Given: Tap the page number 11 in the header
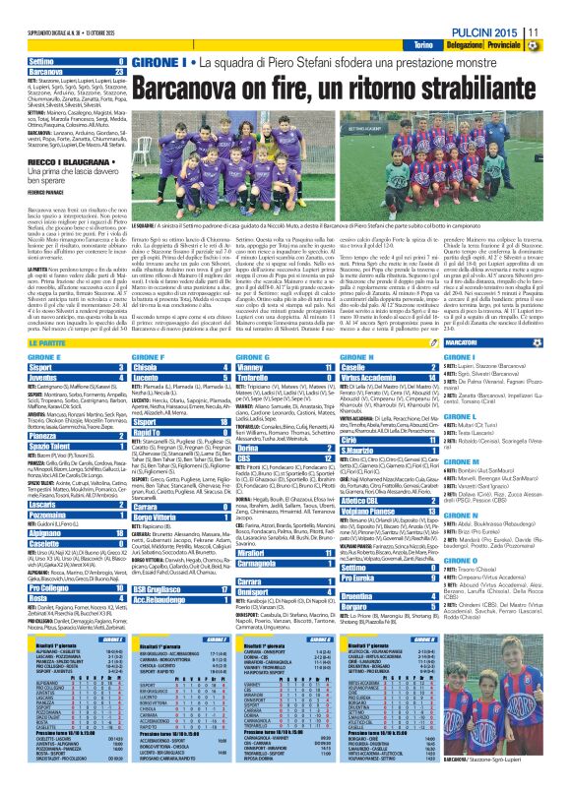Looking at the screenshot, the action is tap(559, 32).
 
